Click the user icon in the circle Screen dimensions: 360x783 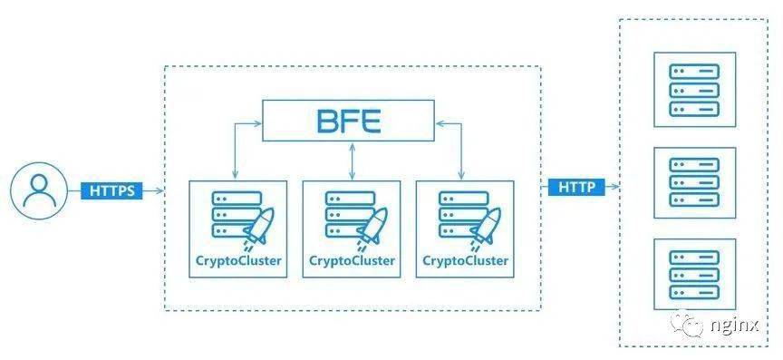[x=39, y=192]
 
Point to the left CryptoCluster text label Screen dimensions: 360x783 [x=238, y=261]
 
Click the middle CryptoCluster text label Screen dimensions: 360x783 [x=352, y=261]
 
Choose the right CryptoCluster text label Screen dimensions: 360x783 [x=465, y=261]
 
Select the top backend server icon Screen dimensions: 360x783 [x=694, y=89]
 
